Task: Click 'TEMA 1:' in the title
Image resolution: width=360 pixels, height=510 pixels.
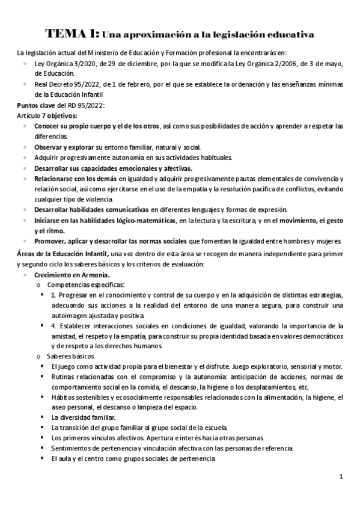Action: coord(73,34)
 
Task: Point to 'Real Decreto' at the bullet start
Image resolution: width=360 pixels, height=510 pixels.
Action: coord(53,84)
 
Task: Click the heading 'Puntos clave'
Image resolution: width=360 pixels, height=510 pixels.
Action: coord(36,105)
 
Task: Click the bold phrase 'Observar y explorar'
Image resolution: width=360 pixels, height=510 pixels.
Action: coord(64,147)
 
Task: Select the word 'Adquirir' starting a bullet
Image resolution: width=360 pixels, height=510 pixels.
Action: coord(47,158)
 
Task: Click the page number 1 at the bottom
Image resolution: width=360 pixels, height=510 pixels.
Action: coord(341,478)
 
